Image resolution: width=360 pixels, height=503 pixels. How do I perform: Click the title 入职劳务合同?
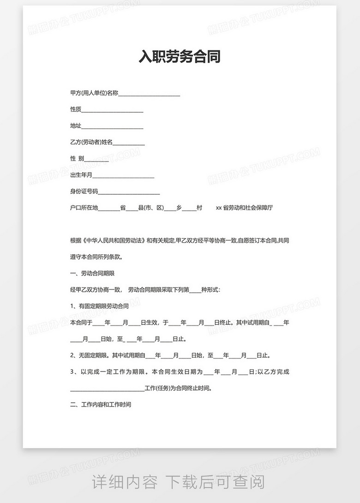(180, 56)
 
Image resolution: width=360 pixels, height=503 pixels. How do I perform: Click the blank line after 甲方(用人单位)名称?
(149, 93)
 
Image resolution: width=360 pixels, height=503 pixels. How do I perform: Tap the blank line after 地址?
(112, 126)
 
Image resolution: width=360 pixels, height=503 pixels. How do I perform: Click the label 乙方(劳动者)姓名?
(91, 142)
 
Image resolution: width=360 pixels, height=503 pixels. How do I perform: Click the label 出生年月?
(81, 175)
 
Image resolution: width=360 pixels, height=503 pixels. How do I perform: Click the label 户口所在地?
(84, 208)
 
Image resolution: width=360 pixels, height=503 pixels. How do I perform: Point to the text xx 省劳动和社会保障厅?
(244, 208)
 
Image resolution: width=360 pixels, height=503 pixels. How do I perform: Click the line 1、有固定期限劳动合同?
(99, 306)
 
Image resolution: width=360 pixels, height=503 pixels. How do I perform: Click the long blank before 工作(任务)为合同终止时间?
(107, 388)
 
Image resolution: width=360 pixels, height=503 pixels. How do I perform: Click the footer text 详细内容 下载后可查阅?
(179, 483)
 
